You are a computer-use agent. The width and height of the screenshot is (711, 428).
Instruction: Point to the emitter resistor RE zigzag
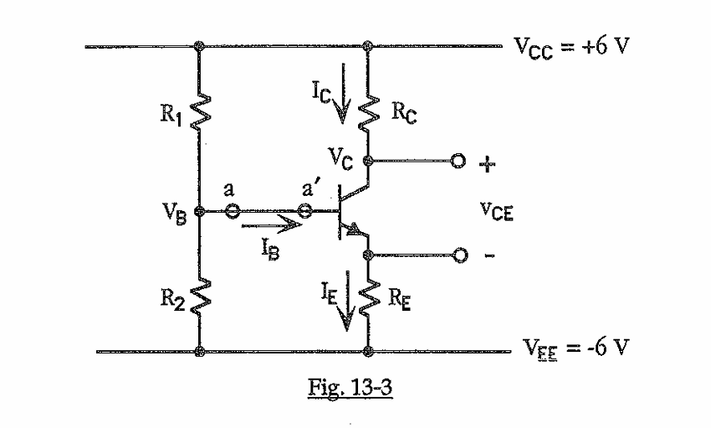(x=367, y=297)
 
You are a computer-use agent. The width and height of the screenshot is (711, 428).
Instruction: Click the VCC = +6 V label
(x=570, y=45)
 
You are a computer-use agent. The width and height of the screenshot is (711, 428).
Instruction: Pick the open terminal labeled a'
(x=306, y=213)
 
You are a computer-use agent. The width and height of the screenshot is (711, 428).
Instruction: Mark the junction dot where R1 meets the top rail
(x=199, y=46)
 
